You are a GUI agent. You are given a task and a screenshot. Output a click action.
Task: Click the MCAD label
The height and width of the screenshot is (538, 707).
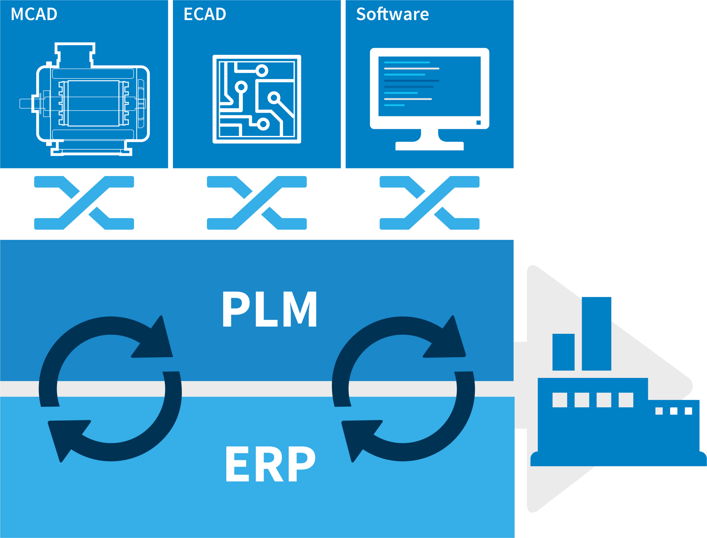[x=34, y=14]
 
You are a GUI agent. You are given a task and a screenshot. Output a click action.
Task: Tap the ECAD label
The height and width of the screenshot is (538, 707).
[x=205, y=14]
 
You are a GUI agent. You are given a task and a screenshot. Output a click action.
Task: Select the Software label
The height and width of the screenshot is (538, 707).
[x=392, y=14]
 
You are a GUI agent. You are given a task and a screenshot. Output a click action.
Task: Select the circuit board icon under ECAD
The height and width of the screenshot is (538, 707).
[x=257, y=99]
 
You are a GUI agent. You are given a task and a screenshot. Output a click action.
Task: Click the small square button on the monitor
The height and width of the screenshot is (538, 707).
[x=479, y=123]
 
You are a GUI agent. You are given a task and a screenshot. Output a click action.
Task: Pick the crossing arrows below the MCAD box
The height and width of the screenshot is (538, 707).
[x=84, y=203]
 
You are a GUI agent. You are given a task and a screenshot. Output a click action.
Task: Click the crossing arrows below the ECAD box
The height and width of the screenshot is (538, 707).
[x=257, y=203]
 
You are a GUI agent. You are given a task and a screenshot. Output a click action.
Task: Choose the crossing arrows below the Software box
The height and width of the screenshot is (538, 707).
[x=429, y=203]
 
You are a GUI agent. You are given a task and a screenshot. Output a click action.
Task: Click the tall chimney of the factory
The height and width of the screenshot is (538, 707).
[x=597, y=333]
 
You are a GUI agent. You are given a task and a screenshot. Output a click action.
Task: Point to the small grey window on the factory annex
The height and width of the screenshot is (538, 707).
[x=659, y=411]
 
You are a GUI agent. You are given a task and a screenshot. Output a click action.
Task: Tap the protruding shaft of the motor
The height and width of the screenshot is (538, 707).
[x=26, y=103]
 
